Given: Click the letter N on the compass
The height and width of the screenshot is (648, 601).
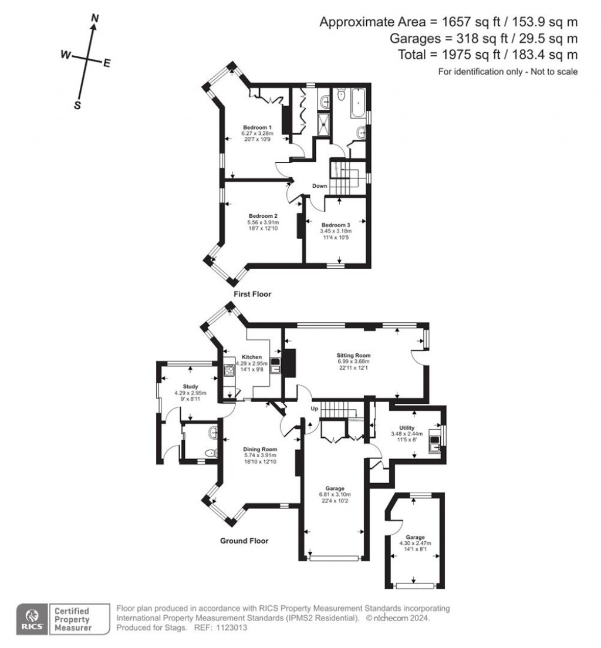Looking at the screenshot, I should point(94,19).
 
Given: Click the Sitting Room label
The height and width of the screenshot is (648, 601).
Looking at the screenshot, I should point(353,356).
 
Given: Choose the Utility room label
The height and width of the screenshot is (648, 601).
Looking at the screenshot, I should point(407,428).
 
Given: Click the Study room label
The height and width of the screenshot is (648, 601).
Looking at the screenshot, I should point(190,386).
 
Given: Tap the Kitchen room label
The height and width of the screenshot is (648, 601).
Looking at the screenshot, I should point(252,357).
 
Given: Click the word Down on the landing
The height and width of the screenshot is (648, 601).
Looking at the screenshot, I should point(319,186).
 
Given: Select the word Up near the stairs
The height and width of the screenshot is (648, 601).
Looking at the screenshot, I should point(314,408).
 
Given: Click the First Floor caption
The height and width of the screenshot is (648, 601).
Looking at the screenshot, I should point(252,294).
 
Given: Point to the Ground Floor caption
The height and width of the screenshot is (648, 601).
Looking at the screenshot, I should point(244,541).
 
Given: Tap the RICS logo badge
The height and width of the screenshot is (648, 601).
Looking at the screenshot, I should point(31,619).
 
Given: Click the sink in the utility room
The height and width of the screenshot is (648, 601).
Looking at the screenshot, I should point(434,440).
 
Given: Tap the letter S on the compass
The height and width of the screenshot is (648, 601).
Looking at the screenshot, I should point(77,105).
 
